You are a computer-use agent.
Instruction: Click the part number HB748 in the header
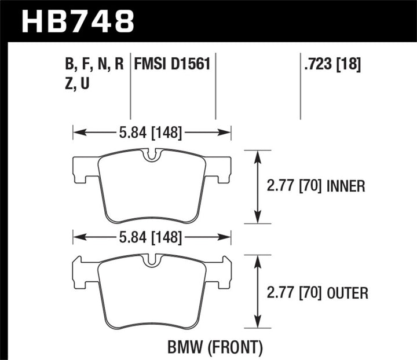[x=78, y=21]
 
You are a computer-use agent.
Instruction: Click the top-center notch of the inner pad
[x=152, y=155]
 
